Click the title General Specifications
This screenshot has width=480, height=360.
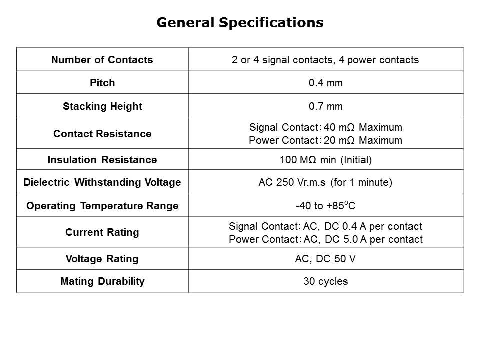240,23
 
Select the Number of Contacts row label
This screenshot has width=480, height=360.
102,60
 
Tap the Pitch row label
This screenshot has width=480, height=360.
102,83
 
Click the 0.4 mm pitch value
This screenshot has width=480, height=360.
325,83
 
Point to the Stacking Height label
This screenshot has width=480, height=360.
102,106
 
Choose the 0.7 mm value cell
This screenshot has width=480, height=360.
325,106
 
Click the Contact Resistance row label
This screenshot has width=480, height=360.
102,134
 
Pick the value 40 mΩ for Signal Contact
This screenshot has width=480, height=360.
339,127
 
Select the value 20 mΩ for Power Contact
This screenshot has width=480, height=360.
339,140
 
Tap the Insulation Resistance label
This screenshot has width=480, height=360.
102,160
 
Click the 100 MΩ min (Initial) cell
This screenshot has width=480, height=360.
325,160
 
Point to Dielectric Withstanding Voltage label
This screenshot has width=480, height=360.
102,182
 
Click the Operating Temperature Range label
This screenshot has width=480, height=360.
102,206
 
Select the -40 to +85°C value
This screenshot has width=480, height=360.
325,205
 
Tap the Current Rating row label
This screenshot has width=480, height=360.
102,232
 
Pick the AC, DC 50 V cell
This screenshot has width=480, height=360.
325,259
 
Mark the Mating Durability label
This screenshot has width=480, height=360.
102,281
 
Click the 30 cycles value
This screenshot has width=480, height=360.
325,281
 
